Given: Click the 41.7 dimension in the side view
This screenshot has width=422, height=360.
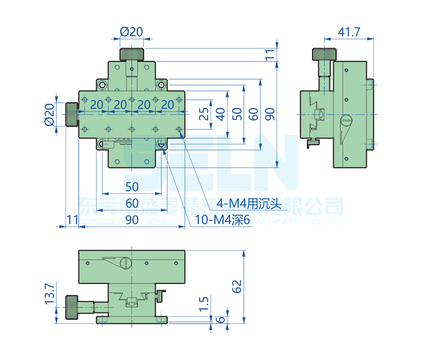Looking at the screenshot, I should [349, 32].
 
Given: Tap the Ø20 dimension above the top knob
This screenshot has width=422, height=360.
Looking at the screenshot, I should [132, 32].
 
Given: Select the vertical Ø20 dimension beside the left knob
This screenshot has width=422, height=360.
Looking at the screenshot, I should [49, 114].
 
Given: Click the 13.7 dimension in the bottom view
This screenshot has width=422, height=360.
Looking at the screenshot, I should [49, 294].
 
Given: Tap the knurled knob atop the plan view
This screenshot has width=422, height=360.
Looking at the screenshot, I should [132, 54].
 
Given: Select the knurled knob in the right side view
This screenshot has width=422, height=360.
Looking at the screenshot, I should [325, 54].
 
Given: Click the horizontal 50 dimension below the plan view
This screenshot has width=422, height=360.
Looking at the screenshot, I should [132, 186].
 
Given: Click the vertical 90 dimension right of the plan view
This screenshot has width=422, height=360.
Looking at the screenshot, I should [270, 114].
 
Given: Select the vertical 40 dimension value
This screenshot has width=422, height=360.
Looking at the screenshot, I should [220, 114].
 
